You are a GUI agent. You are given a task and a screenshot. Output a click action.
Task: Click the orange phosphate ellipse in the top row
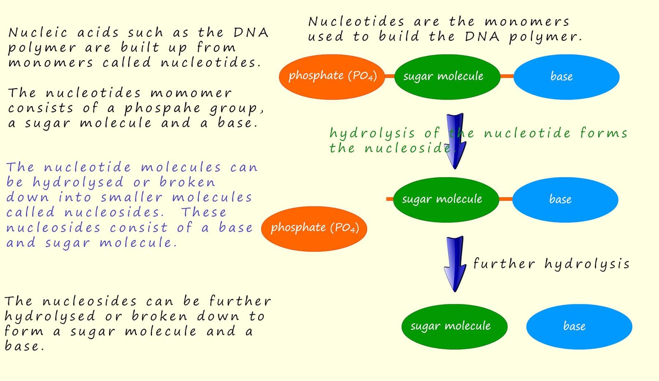coord(332,77)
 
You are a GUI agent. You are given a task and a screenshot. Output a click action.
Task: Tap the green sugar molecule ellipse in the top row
coord(447,77)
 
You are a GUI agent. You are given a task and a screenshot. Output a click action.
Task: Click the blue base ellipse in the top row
coord(566,77)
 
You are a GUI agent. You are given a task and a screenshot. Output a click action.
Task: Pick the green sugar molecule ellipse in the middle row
coord(446,199)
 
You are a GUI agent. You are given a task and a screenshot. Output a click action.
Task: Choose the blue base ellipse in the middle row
coord(565,199)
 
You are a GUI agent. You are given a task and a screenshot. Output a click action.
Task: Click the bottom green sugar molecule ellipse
coord(454,326)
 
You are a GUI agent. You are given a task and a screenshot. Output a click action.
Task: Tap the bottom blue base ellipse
coord(579,326)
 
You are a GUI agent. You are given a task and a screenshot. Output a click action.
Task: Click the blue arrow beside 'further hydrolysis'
coord(455,264)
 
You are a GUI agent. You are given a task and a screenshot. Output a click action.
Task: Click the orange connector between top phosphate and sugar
coord(389,76)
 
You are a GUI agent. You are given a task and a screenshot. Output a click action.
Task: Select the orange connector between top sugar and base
coord(507,76)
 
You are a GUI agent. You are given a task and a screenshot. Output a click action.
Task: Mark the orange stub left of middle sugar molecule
coord(390,199)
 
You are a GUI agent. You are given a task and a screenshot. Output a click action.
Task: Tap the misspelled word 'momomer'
coord(191,93)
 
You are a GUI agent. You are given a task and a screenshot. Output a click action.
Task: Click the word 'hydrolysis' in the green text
coord(372,133)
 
